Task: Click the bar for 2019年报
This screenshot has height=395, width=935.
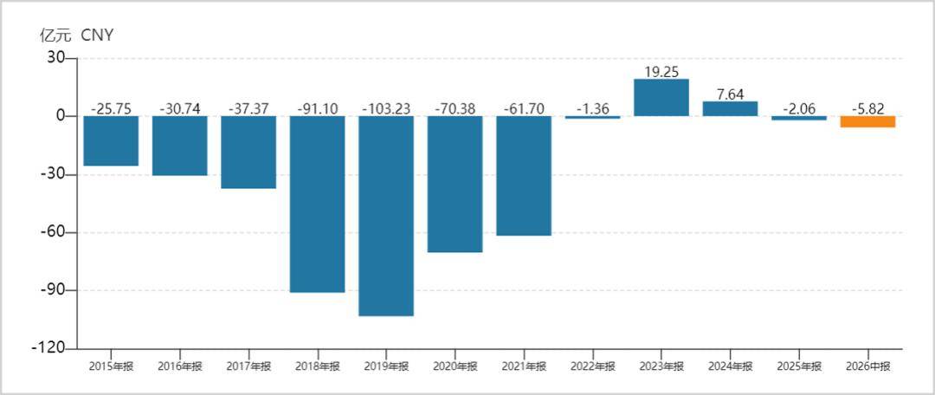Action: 386,216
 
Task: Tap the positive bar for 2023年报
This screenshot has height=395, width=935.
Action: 661,97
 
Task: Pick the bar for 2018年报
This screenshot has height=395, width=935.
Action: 317,204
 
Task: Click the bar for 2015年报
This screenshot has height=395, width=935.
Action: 111,141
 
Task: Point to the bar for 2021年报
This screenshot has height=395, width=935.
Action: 524,176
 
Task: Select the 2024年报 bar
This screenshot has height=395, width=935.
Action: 730,108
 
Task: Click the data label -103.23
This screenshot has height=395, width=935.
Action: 386,108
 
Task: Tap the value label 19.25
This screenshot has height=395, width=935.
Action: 661,71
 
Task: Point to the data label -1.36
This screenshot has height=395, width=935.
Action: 593,108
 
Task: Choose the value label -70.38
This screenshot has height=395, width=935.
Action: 455,108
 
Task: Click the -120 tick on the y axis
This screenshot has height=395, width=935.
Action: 51,348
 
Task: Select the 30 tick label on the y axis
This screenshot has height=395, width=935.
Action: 56,59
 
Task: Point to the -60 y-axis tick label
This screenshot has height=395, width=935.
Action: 54,233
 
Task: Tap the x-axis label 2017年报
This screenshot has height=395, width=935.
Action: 248,366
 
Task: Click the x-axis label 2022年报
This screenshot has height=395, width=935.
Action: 593,366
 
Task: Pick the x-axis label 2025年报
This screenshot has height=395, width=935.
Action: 799,366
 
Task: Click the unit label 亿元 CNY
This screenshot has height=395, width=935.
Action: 75,36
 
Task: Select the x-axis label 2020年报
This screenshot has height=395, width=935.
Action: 455,366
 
